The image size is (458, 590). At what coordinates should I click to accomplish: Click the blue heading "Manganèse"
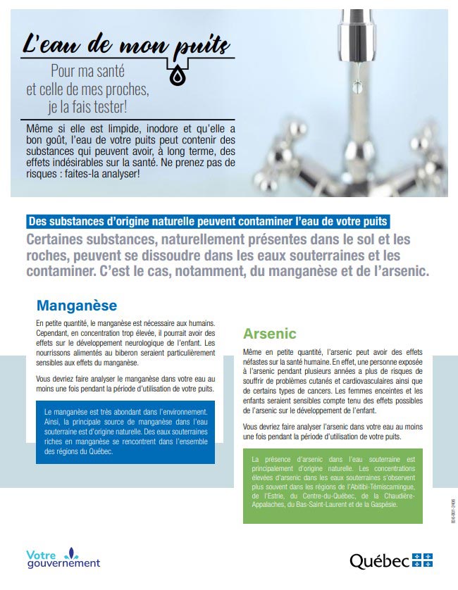77,306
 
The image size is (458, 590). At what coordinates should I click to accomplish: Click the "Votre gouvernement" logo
63,558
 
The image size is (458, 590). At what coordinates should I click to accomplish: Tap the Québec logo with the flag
391,560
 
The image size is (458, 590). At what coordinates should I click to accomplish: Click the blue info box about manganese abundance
125,432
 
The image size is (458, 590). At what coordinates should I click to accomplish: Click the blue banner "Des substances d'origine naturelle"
206,221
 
